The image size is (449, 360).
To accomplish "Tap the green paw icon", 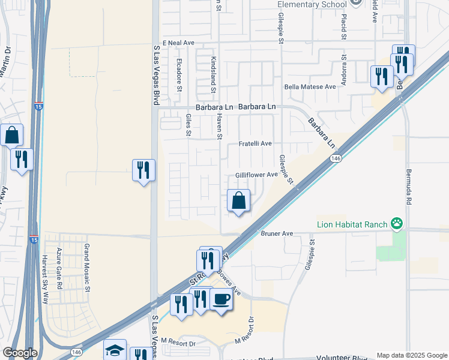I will [x=397, y=224].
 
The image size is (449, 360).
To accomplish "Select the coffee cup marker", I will [x=221, y=298].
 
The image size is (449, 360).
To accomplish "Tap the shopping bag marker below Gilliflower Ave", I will [x=239, y=200].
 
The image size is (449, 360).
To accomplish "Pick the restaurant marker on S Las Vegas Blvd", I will [x=143, y=170].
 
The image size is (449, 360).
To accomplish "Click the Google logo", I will [x=20, y=353].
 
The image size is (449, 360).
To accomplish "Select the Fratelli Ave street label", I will [x=256, y=144].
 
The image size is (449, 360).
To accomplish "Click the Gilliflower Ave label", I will [x=256, y=175].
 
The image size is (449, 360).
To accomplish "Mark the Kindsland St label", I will [x=213, y=75].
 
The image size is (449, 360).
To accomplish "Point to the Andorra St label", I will [x=345, y=71].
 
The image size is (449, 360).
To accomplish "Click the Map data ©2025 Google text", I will [x=412, y=355].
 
